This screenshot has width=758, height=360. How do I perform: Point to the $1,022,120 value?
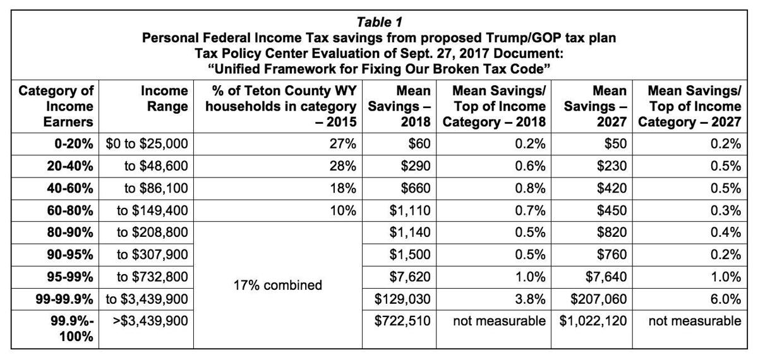(593, 321)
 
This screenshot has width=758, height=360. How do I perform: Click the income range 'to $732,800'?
(152, 276)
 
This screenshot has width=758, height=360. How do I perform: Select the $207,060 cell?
(597, 298)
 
